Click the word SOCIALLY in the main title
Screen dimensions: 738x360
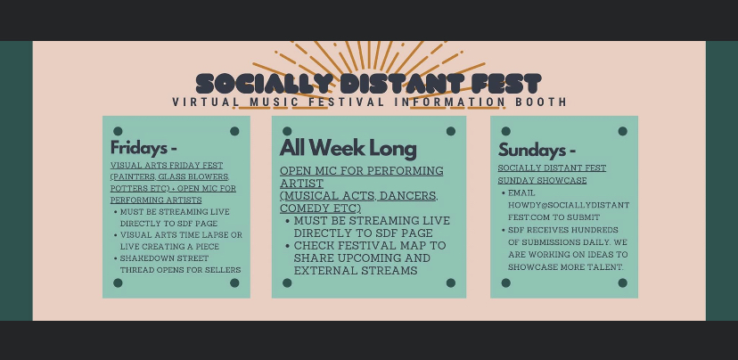(262, 84)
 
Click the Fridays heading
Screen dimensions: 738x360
(143, 148)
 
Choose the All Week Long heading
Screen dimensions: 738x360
(348, 148)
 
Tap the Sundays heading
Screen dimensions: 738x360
(537, 150)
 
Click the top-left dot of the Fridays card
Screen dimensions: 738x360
(118, 131)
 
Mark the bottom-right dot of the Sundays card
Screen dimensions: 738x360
(623, 282)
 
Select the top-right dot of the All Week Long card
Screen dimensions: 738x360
(451, 131)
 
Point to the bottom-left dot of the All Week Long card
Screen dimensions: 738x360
(287, 282)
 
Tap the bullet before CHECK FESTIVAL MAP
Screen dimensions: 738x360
(288, 246)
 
